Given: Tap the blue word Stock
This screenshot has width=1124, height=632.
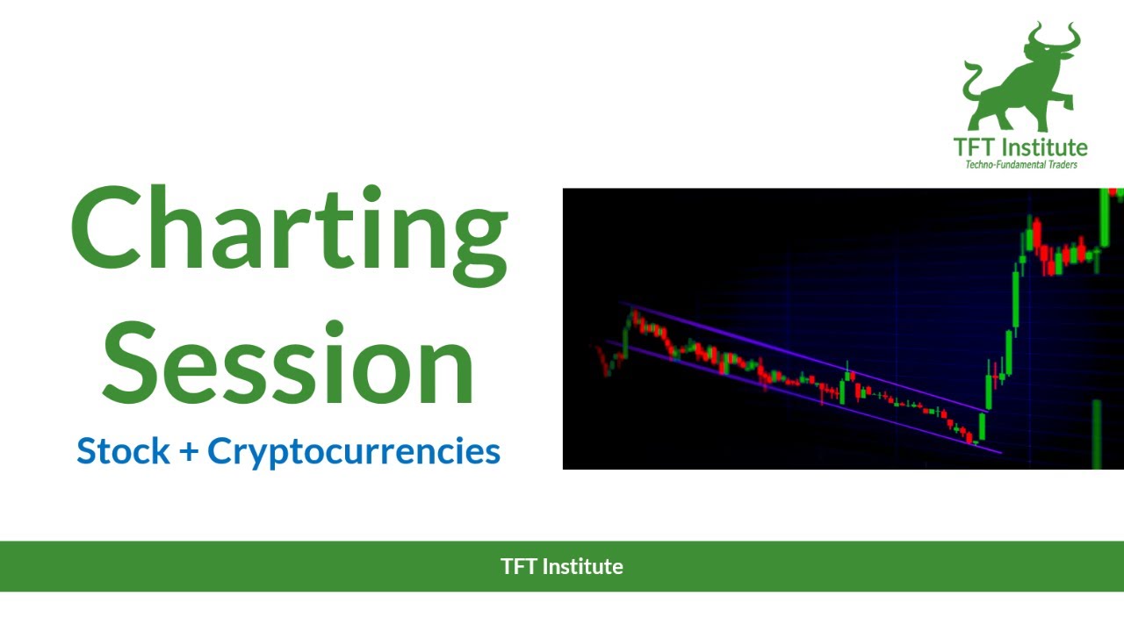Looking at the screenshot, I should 123,451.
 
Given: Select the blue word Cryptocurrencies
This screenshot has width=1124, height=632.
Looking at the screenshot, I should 354,451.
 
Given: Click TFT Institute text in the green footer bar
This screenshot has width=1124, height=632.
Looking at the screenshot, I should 562,566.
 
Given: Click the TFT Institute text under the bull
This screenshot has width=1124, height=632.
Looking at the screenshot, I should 1020,147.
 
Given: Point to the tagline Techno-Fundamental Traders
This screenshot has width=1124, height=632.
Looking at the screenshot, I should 1020,164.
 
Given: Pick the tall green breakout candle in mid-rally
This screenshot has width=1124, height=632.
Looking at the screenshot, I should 1016,298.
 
